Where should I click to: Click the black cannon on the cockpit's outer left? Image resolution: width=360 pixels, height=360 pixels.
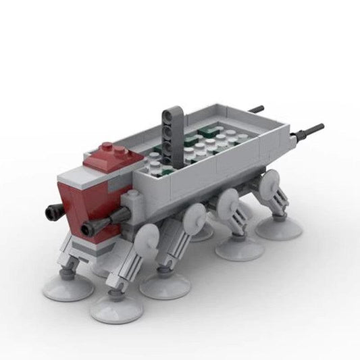(52, 213)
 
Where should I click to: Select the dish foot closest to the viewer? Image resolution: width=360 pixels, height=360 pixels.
(117, 307)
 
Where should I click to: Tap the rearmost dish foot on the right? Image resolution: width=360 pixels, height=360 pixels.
(278, 225)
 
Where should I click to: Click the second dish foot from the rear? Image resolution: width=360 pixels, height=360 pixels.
(239, 247)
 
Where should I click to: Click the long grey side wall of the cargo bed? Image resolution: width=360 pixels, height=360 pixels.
(203, 169)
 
